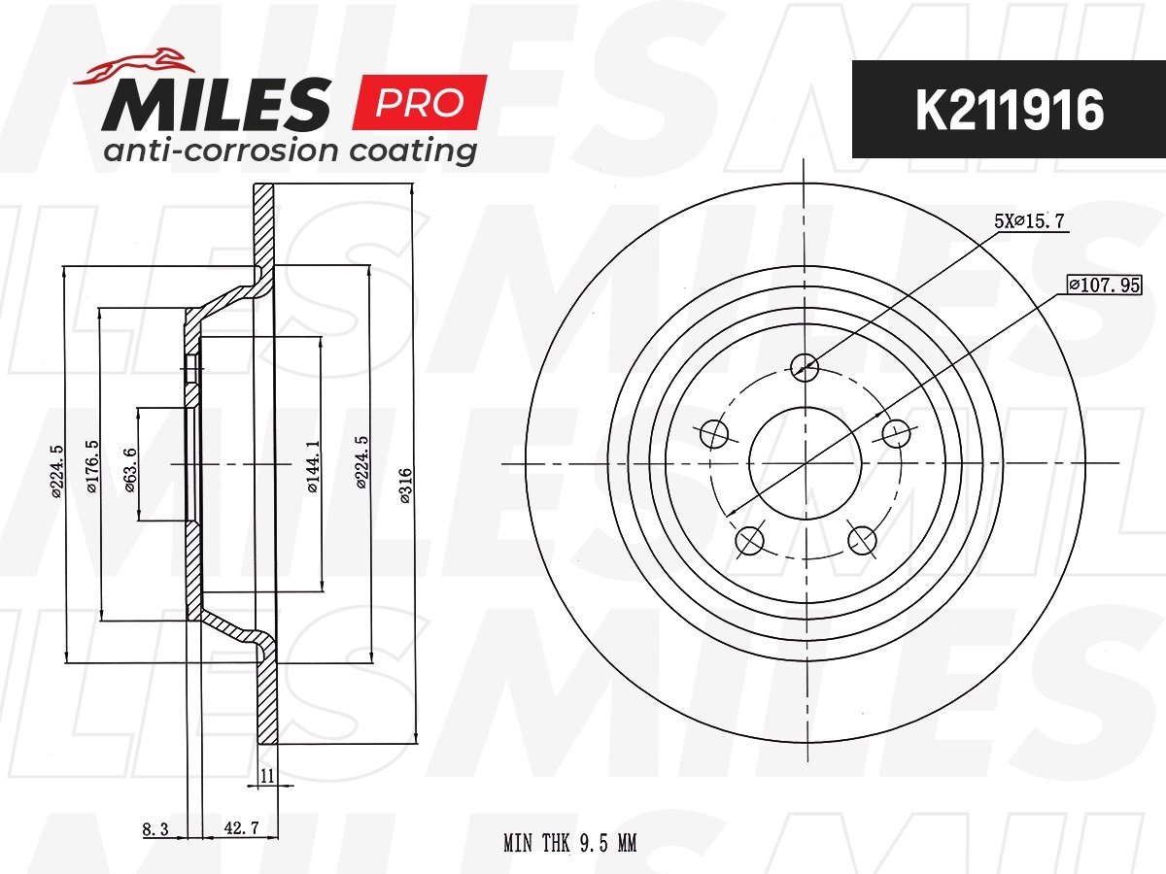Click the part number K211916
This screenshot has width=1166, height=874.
coord(1010,111)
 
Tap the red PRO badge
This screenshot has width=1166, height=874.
coord(419,102)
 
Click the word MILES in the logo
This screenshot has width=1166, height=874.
coord(217,104)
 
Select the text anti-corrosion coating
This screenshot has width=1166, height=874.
coord(290,151)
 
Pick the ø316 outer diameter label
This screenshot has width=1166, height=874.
coord(405,485)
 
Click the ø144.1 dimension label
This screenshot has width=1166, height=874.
coord(314,466)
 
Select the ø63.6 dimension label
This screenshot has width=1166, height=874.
coord(130,470)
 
